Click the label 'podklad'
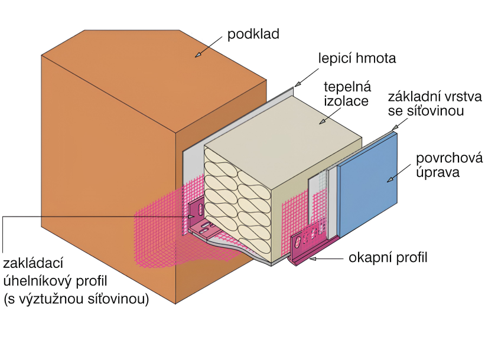click(253, 34)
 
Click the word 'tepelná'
click(347, 87)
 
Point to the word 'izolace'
click(346, 101)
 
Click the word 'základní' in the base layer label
click(411, 97)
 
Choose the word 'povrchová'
click(449, 158)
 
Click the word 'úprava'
click(438, 172)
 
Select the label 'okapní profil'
click(388, 258)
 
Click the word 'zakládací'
click(33, 264)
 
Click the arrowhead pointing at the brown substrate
click(198, 55)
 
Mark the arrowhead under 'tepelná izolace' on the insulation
click(323, 122)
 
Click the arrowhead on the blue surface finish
click(390, 179)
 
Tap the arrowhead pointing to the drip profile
click(313, 258)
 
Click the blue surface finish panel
click(367, 185)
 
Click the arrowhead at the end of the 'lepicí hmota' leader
click(297, 84)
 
